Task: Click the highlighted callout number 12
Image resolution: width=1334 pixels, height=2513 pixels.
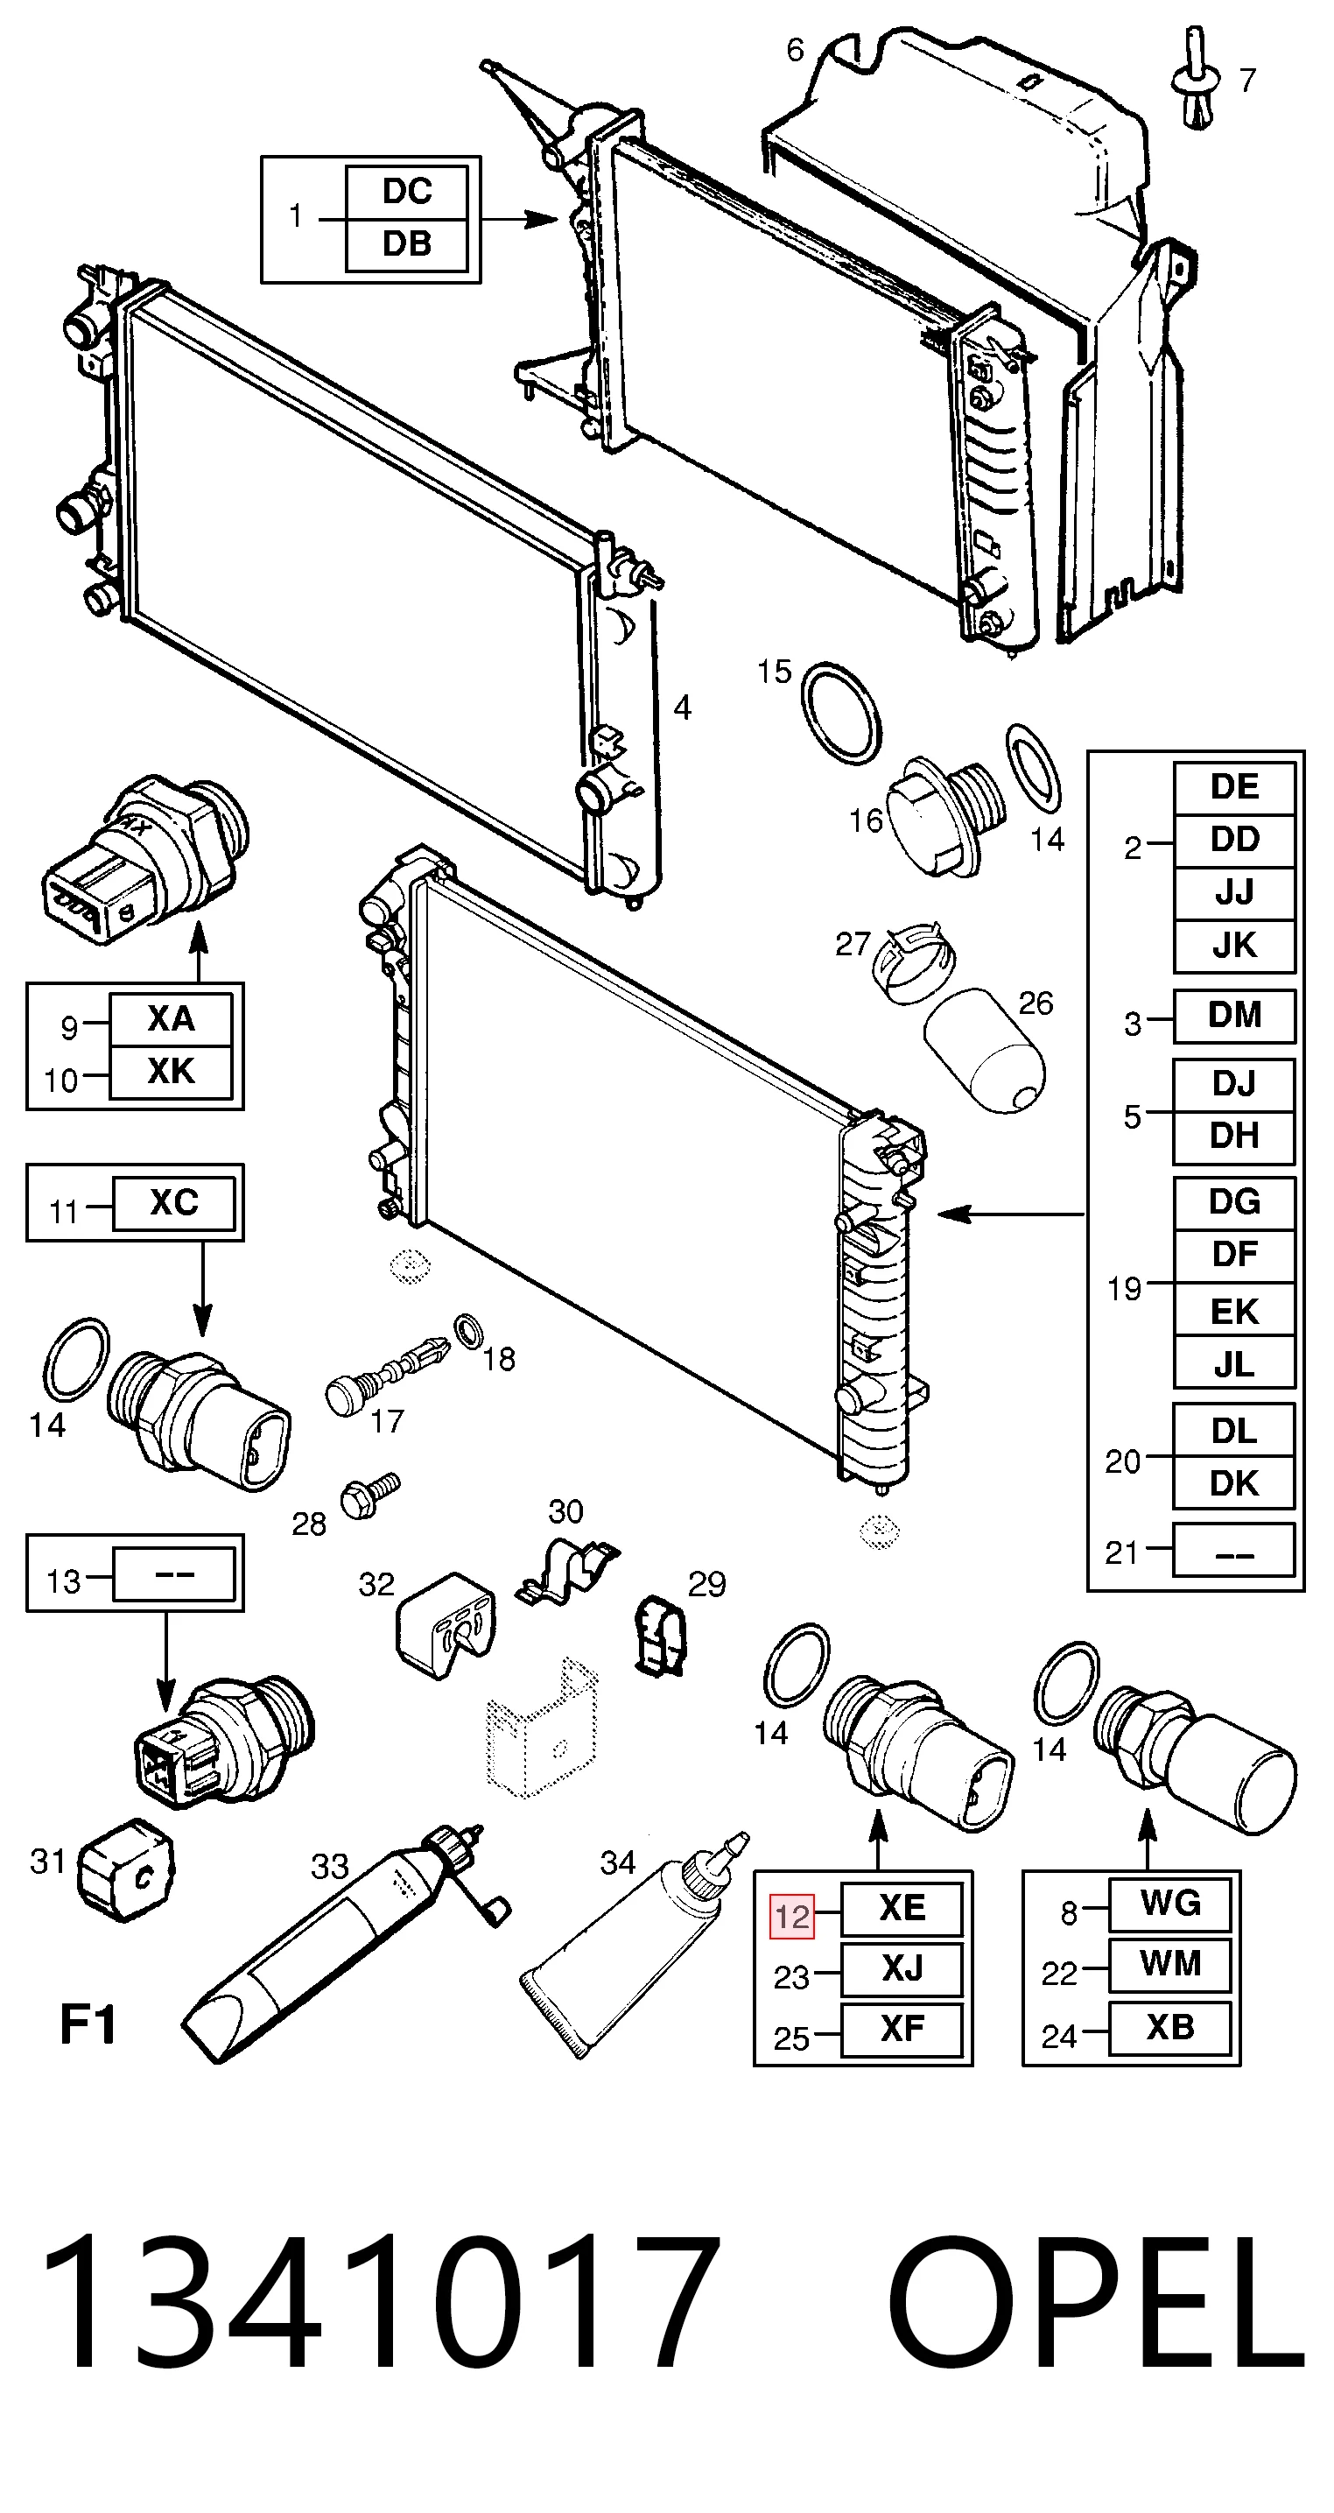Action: pyautogui.click(x=792, y=1917)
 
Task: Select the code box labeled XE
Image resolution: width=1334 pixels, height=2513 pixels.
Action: pyautogui.click(x=901, y=1908)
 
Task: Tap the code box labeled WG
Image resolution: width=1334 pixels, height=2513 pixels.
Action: pyautogui.click(x=1169, y=1904)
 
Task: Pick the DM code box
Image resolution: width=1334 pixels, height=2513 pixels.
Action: pyautogui.click(x=1233, y=1016)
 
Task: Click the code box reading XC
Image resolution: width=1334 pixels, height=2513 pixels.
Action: pyautogui.click(x=173, y=1203)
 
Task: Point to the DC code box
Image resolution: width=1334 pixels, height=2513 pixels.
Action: pyautogui.click(x=407, y=192)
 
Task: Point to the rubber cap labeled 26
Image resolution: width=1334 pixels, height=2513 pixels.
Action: pyautogui.click(x=983, y=1053)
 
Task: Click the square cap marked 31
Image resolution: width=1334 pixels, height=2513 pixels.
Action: pyautogui.click(x=125, y=1871)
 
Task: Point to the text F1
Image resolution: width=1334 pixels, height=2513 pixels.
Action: pyautogui.click(x=88, y=2024)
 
